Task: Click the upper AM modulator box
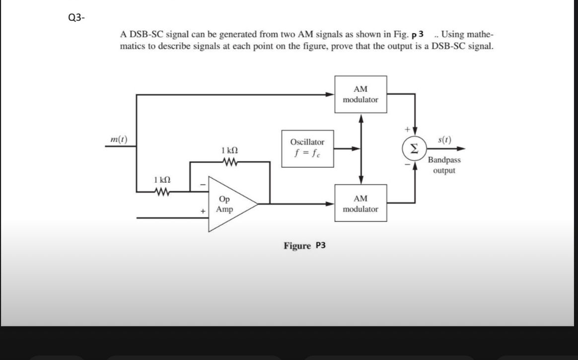(x=361, y=94)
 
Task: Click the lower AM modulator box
(x=361, y=204)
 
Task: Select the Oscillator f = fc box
(x=307, y=147)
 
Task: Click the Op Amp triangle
(x=229, y=204)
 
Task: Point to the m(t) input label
(x=118, y=140)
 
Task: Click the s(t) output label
(x=444, y=140)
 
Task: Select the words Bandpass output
(x=444, y=165)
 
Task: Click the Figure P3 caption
(x=304, y=245)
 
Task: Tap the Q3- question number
(x=76, y=18)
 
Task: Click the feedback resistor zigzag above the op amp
(x=229, y=161)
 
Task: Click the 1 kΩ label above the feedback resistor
(x=229, y=150)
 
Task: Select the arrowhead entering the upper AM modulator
(x=331, y=94)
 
